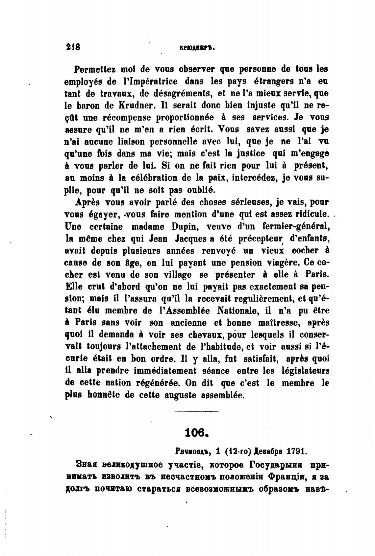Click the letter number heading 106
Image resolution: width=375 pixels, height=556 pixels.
click(x=196, y=432)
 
